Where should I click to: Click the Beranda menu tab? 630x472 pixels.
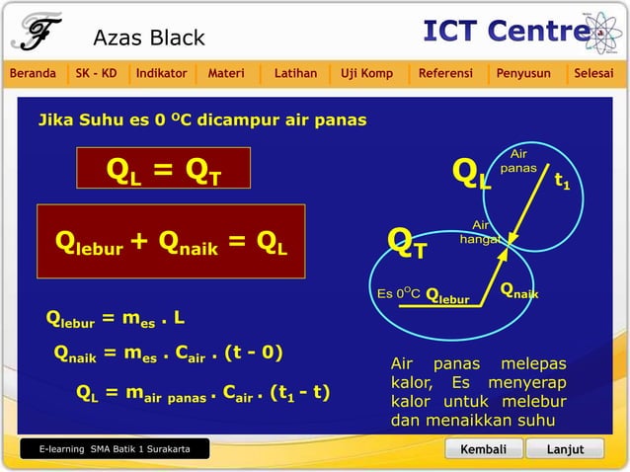33,73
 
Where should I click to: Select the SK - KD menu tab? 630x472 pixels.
96,73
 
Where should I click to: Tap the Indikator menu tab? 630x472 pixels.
162,73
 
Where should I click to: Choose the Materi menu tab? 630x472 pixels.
226,73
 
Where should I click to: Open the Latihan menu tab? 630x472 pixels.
295,73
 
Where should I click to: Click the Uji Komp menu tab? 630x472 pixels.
366,73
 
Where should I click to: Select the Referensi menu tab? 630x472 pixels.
445,73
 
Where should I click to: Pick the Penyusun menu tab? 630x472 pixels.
523,73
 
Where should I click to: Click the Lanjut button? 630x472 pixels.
566,449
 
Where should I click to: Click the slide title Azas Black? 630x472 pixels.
149,38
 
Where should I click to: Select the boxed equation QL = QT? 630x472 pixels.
164,173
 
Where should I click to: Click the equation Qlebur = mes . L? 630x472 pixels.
116,318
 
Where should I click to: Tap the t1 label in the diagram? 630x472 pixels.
561,182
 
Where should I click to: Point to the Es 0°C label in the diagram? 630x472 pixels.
399,293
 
